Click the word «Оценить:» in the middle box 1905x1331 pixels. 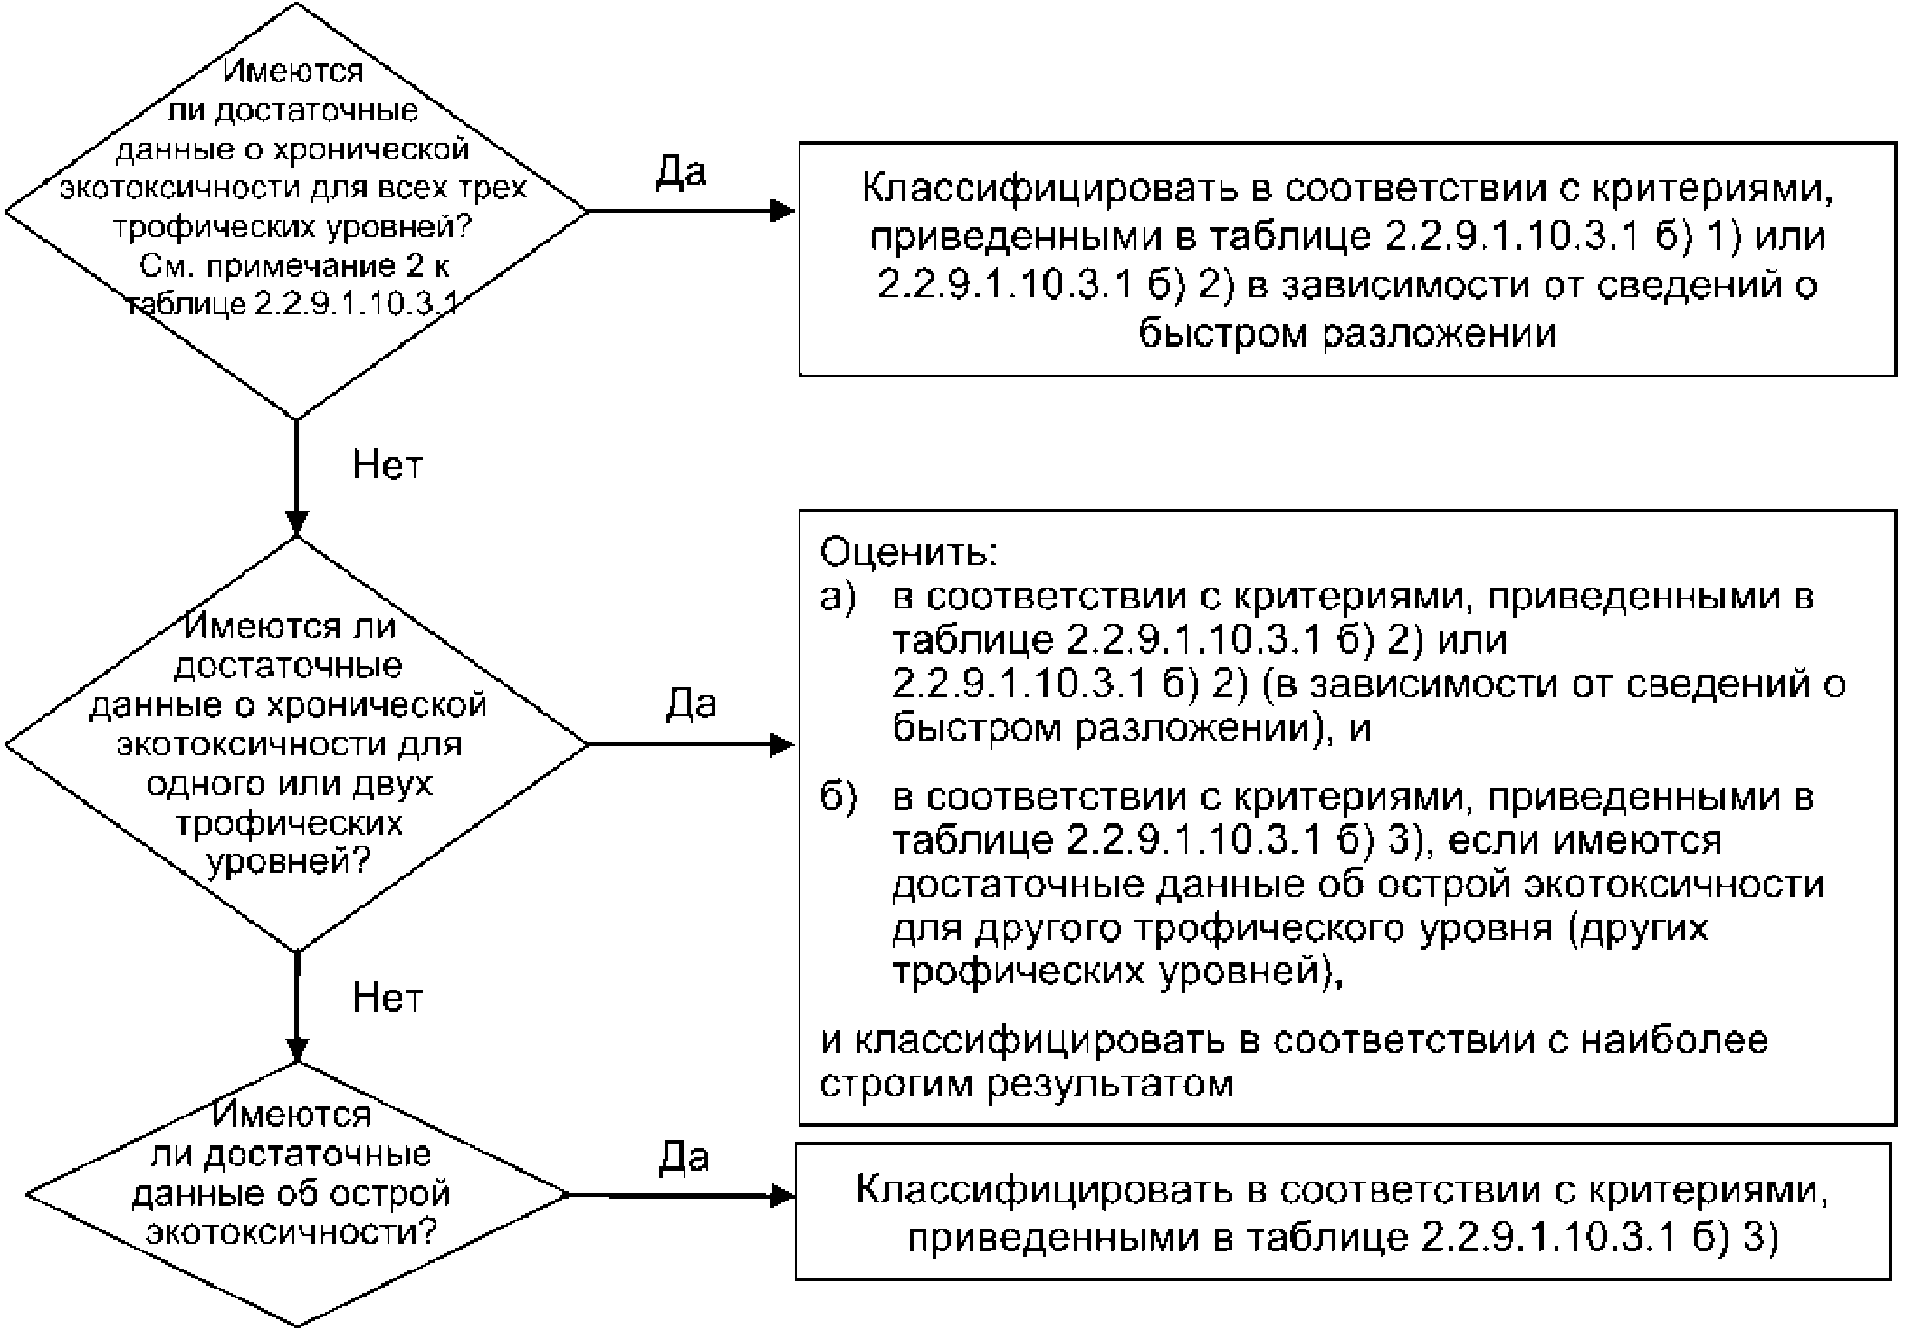tap(908, 551)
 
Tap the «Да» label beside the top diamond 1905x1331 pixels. tap(680, 170)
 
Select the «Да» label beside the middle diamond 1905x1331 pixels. tap(691, 704)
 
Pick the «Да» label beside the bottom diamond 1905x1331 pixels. tap(684, 1156)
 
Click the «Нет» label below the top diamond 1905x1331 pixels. tap(388, 465)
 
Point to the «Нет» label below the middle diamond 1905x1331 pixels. tap(388, 998)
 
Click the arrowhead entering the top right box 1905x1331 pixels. tap(782, 212)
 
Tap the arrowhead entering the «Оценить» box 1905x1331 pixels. tap(782, 745)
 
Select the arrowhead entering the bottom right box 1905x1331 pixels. tap(782, 1196)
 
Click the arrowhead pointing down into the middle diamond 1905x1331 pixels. tap(297, 524)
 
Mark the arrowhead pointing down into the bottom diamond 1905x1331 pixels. tap(297, 1050)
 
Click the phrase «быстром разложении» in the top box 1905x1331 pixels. tap(1347, 333)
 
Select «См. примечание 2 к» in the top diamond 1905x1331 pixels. tap(295, 266)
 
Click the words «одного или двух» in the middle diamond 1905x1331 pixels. tap(290, 783)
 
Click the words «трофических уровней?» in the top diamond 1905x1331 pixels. tap(292, 226)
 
